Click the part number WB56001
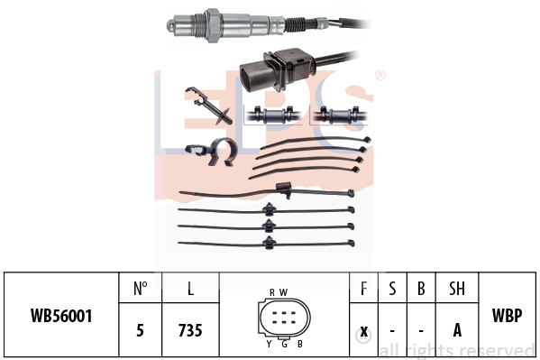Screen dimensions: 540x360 pos(61,316)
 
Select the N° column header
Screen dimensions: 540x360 pos(140,289)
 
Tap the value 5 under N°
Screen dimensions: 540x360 pos(140,330)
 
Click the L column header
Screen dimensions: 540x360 pos(190,289)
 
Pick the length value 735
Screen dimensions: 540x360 pos(190,330)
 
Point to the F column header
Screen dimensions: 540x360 pos(363,289)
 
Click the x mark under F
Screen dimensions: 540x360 pos(363,332)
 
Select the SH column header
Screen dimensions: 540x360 pos(457,289)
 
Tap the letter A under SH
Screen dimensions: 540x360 pos(457,330)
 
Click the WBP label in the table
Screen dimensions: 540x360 pos(507,315)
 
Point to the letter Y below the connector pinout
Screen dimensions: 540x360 pos(269,344)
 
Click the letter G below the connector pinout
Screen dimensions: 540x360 pos(285,344)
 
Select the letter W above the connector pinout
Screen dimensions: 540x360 pos(283,292)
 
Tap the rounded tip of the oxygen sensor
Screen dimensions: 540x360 pos(170,25)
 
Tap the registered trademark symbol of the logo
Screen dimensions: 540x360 pos(380,75)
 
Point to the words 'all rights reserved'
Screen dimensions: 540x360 pos(457,351)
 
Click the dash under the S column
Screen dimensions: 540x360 pos(392,331)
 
